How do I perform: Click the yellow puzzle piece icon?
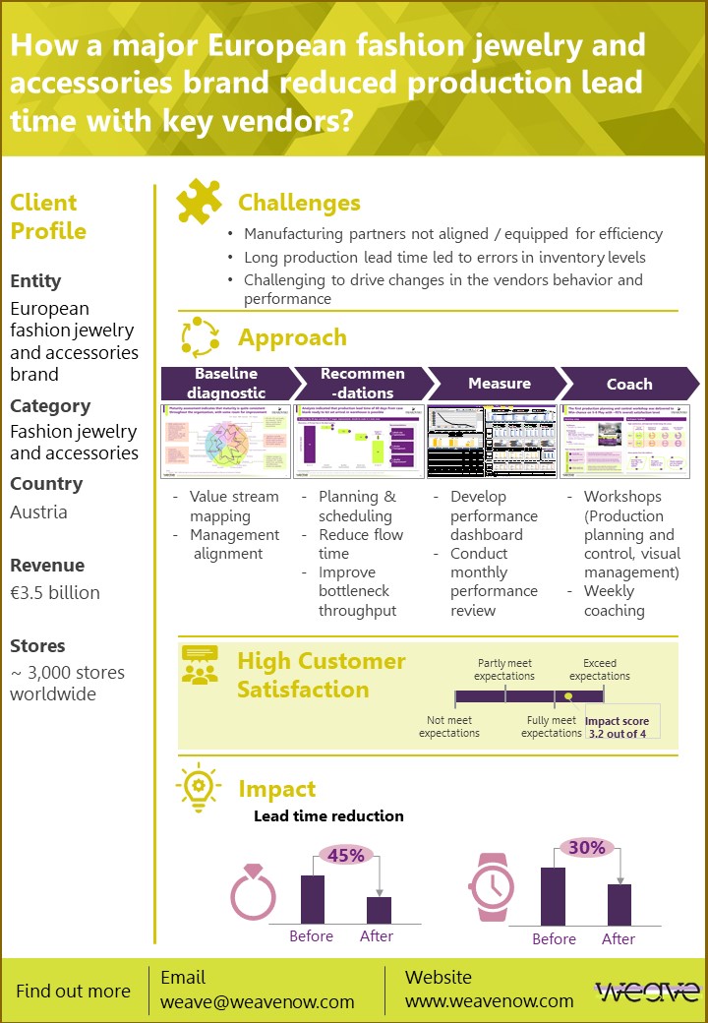coord(199,202)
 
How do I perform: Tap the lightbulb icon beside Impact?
coord(197,787)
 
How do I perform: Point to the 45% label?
coord(345,856)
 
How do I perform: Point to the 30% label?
coord(587,848)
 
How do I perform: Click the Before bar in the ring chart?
coord(312,899)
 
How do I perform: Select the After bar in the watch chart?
coord(619,904)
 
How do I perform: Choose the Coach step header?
coord(628,384)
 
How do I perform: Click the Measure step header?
coord(499,383)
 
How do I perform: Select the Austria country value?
coord(38,512)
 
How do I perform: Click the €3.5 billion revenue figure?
coord(55,593)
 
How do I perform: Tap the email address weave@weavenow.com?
coord(258,1001)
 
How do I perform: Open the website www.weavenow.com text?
coord(489,1001)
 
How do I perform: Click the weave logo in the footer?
coord(647,992)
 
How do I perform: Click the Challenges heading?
coord(299,203)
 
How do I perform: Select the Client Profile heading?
coord(48,217)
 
